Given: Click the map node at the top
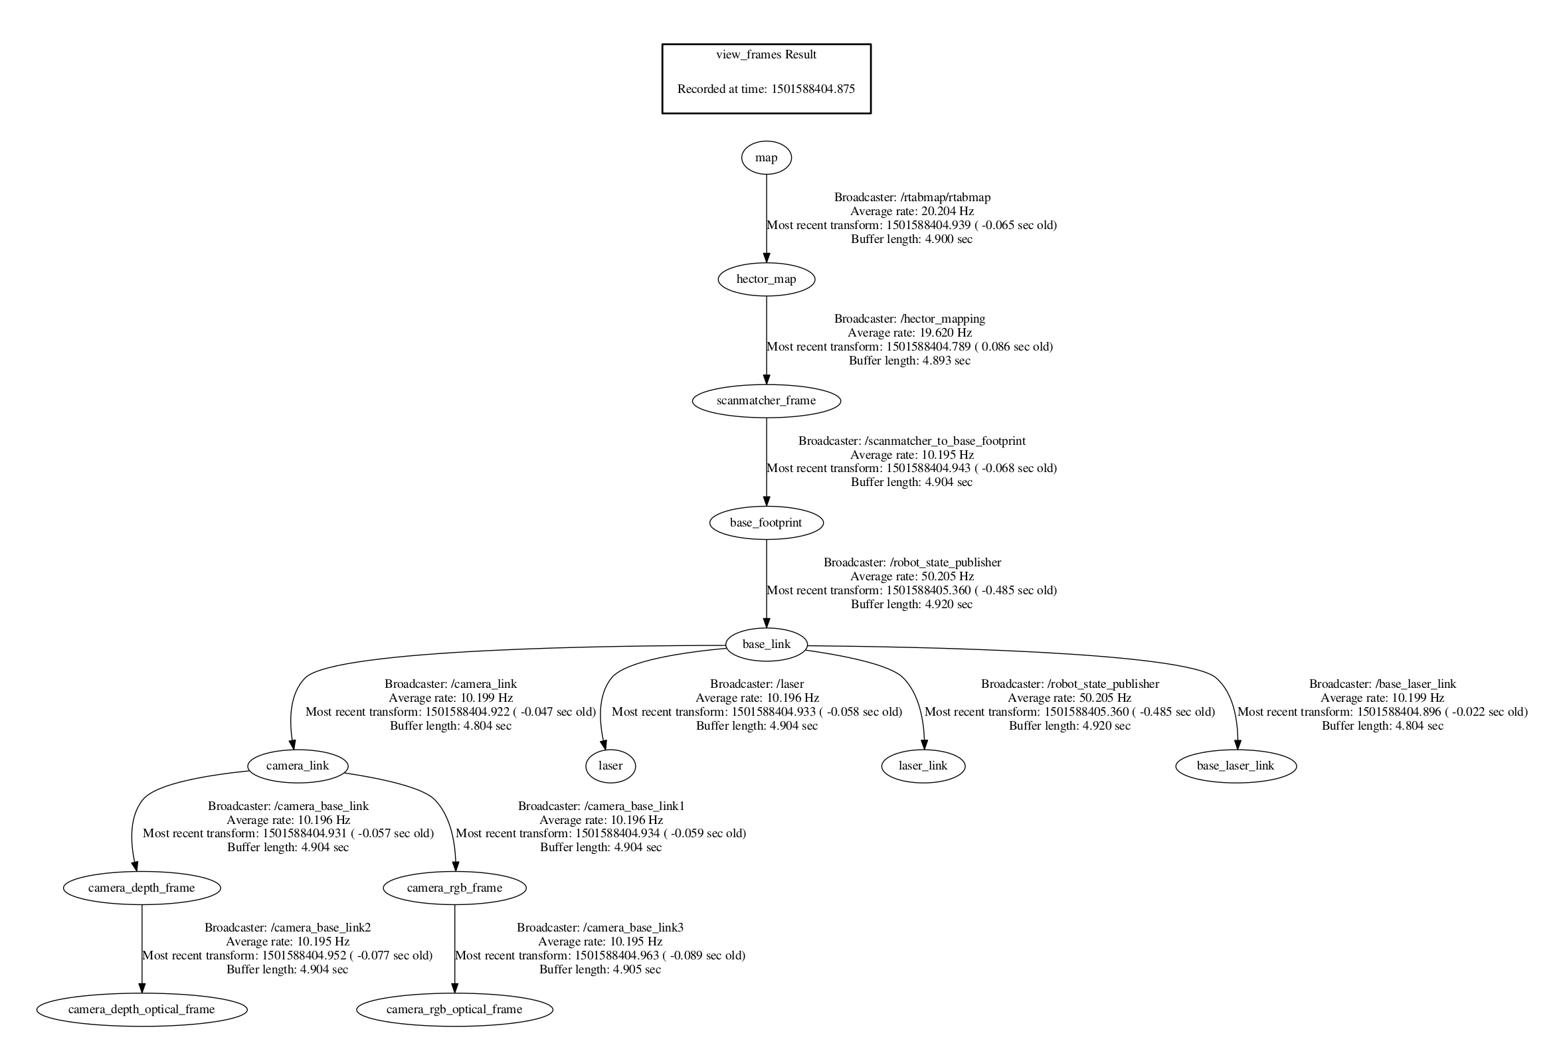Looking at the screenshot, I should [766, 157].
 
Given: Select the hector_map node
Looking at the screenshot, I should [766, 279].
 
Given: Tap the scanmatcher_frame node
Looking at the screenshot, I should [766, 400].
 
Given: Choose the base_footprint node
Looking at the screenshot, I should [766, 523].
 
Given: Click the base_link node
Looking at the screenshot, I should [766, 644].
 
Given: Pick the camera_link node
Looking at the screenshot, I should [297, 766].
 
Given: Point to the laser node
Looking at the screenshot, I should [610, 766].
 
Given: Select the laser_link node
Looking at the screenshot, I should [923, 766].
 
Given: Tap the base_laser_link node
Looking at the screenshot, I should [1235, 766].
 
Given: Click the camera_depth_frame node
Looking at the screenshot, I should [141, 888].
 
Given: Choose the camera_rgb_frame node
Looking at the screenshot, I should [454, 888].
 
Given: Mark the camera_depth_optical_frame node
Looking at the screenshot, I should [141, 1010].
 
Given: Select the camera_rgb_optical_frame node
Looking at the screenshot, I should [454, 1010].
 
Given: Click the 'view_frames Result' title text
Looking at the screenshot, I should [766, 54].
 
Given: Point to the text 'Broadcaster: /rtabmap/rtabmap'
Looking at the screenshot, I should [912, 197].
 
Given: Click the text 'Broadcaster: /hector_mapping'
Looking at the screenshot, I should [909, 319].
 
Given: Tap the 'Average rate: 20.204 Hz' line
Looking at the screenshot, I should [912, 211].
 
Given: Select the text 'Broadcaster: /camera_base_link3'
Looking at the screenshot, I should [599, 928].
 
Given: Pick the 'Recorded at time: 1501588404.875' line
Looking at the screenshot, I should [766, 89].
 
